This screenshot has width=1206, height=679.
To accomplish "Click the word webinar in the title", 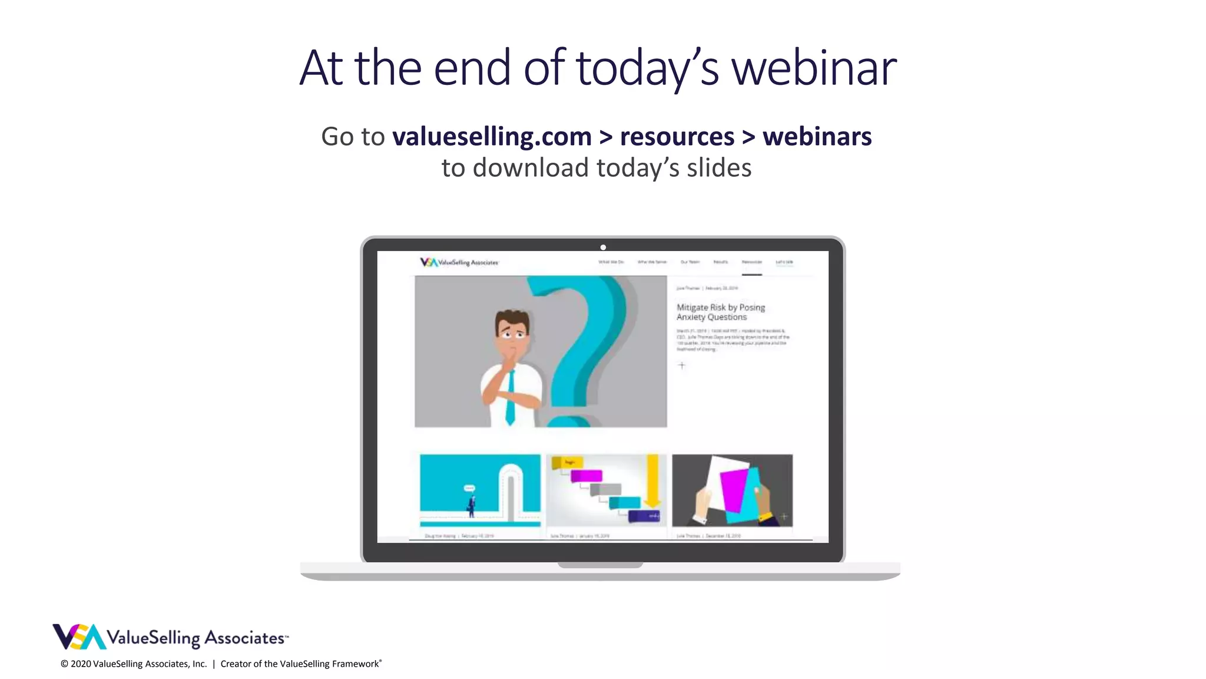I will click(814, 68).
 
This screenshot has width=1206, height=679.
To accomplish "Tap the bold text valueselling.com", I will click(492, 137).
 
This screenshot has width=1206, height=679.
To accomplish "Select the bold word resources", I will click(677, 137).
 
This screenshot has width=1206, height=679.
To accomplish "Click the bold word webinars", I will click(817, 137).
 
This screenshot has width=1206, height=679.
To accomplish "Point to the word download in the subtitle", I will click(531, 168).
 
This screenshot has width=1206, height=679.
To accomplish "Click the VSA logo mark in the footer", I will click(79, 637).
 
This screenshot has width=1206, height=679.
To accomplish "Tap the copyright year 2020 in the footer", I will click(81, 664).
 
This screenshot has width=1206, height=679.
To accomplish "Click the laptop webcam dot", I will click(603, 248).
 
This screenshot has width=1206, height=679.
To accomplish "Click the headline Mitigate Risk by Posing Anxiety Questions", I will click(720, 312).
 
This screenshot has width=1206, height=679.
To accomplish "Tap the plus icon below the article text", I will click(682, 365).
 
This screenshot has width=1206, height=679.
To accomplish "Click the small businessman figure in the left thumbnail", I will click(471, 505).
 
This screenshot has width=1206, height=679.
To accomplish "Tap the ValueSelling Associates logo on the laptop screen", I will click(459, 262).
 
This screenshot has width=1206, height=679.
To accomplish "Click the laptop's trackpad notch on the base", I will click(600, 565).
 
